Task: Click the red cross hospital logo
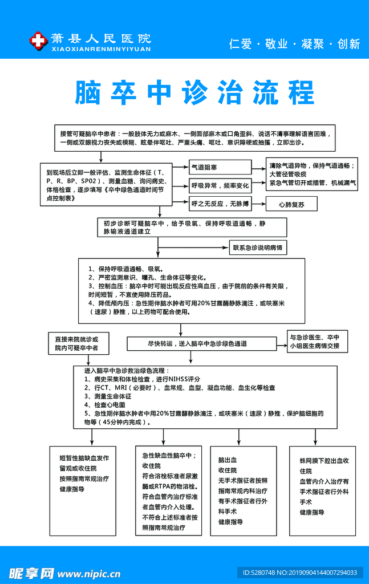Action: point(37,40)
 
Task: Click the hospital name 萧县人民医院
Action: point(100,39)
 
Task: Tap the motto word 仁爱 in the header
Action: point(240,44)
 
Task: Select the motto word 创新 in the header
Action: point(348,44)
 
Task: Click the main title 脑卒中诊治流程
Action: point(194,93)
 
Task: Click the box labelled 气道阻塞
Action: point(220,167)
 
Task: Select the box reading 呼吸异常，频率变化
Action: point(220,185)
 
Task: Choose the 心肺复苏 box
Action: point(291,204)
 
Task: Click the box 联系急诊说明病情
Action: point(258,248)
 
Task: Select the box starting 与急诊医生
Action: point(314,341)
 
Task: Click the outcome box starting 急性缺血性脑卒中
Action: point(169,491)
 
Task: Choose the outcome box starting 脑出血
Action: point(243,490)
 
